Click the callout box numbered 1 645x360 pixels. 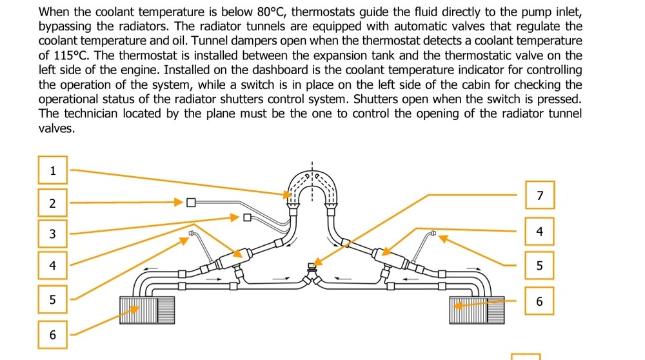pyautogui.click(x=53, y=171)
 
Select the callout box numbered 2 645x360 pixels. pyautogui.click(x=53, y=203)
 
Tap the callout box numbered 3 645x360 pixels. pyautogui.click(x=53, y=234)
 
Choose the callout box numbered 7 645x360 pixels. pyautogui.click(x=540, y=195)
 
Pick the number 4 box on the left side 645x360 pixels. pyautogui.click(x=53, y=265)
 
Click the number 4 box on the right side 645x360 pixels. pyautogui.click(x=540, y=231)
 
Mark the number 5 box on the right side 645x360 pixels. pyautogui.click(x=540, y=265)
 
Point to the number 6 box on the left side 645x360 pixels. pyautogui.click(x=53, y=334)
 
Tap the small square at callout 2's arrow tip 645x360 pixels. pyautogui.click(x=190, y=203)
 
